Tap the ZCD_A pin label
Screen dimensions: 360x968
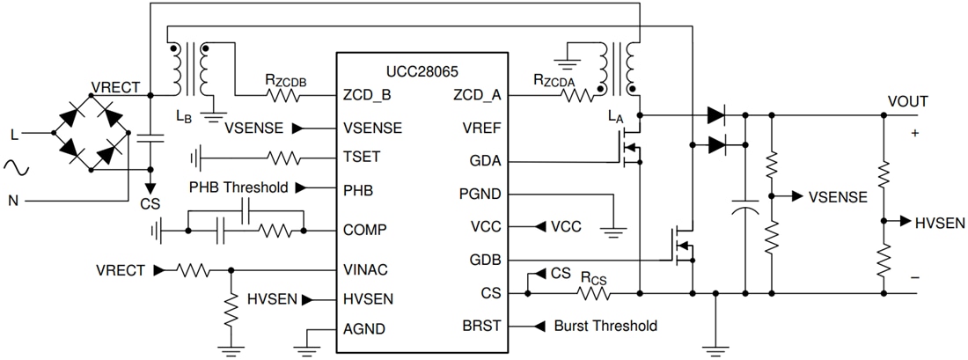coord(477,95)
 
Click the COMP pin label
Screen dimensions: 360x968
coord(364,231)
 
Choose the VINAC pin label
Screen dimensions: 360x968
coord(366,269)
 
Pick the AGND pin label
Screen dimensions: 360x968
coord(364,329)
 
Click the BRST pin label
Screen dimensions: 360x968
coord(482,326)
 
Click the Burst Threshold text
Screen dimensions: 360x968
coord(605,326)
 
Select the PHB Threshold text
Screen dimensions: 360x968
coord(238,187)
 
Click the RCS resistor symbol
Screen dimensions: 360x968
coord(595,291)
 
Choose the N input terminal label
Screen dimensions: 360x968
coord(13,201)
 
